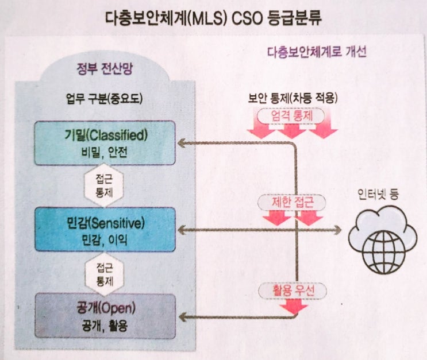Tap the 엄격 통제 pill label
pos(291,116)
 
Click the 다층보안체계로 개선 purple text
pos(317,52)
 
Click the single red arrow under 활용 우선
pos(293,307)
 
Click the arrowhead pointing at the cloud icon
pos(337,231)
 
